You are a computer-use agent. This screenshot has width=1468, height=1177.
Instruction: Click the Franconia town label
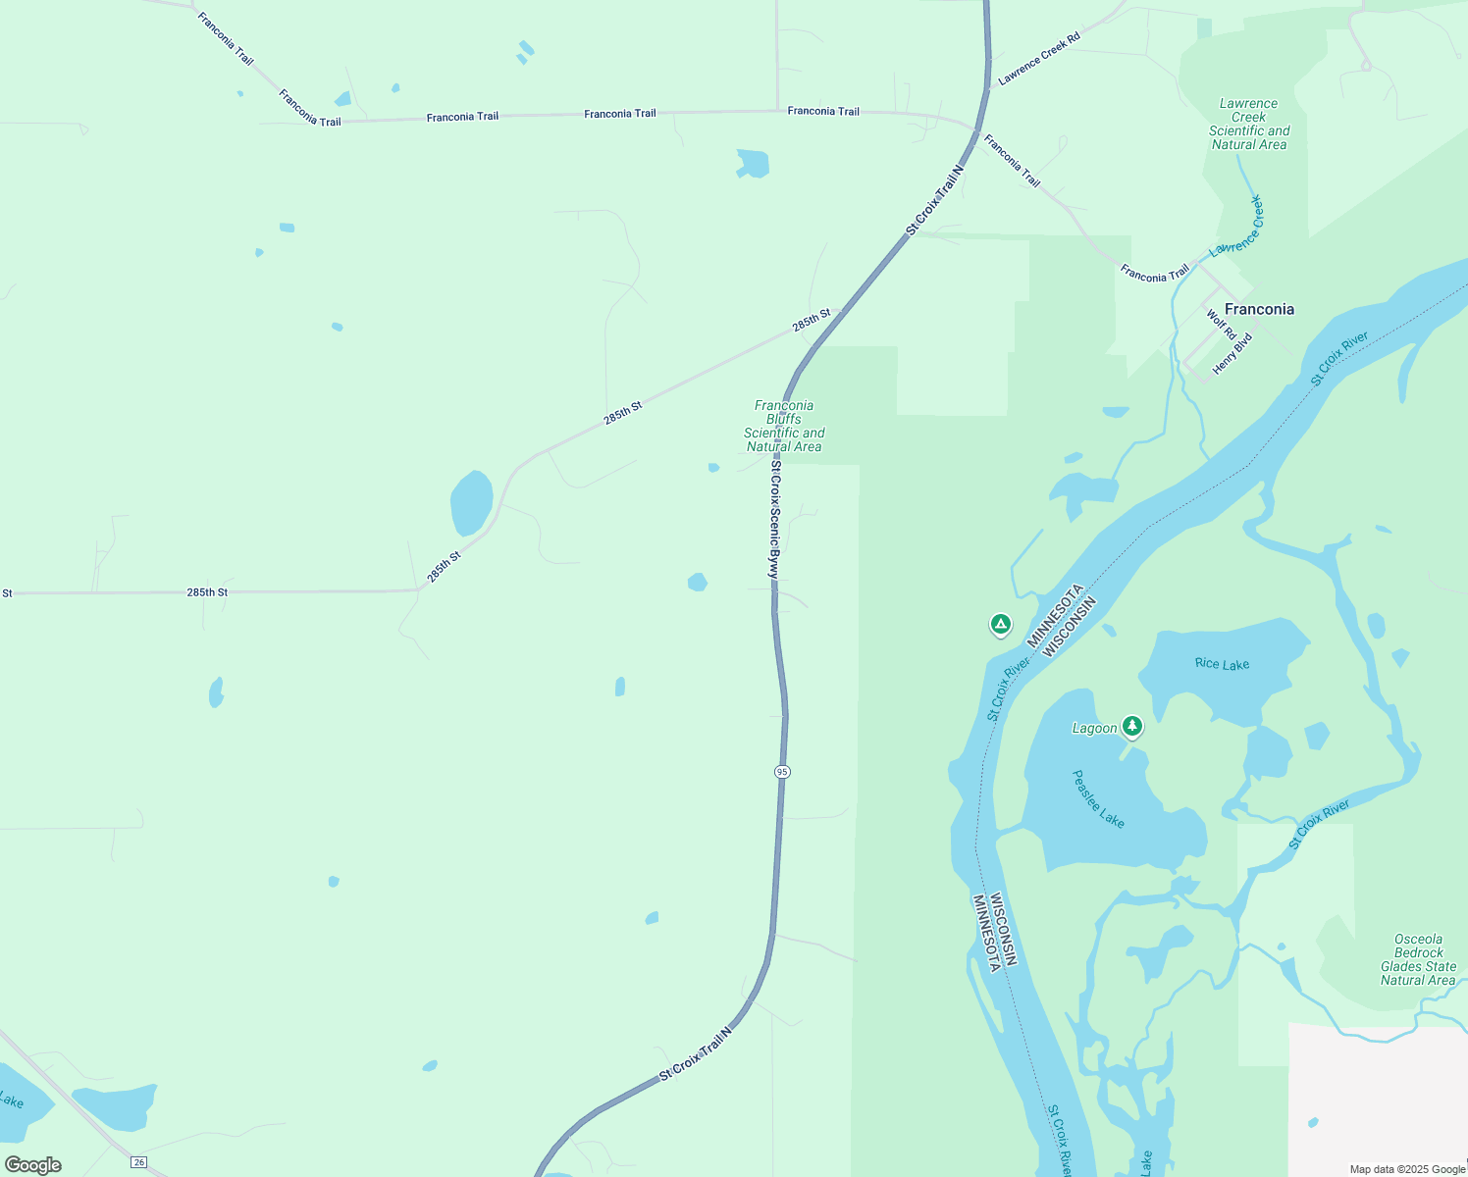click(1259, 309)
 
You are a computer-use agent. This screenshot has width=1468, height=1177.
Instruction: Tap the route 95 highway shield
click(781, 772)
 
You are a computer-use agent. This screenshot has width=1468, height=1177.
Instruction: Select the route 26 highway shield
click(139, 1162)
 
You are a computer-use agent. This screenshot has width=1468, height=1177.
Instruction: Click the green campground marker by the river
click(1000, 624)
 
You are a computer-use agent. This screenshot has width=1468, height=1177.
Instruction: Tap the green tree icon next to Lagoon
click(1132, 726)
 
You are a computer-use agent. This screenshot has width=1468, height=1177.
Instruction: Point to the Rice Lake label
click(1222, 664)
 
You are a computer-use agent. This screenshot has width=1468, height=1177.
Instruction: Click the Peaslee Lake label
click(1098, 798)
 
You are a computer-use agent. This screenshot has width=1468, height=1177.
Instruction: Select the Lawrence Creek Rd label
click(1039, 58)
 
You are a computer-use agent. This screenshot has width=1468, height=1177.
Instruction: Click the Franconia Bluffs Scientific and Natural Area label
click(784, 426)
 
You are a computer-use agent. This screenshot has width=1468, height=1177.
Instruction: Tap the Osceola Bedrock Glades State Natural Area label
click(1418, 959)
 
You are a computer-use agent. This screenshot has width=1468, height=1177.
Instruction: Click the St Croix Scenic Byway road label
click(774, 520)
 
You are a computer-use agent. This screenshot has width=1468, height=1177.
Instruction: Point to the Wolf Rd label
click(1221, 325)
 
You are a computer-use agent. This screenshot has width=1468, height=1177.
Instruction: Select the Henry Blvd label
click(1232, 354)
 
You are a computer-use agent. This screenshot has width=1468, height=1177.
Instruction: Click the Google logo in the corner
click(33, 1165)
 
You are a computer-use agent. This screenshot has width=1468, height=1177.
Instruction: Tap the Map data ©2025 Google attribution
click(1407, 1169)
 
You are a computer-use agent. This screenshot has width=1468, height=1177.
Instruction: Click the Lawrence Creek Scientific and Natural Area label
click(1248, 124)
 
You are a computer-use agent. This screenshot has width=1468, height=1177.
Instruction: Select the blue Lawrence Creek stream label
click(1237, 227)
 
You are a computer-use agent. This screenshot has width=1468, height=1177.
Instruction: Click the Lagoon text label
click(1094, 728)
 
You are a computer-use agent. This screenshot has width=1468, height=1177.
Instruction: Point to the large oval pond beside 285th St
click(471, 503)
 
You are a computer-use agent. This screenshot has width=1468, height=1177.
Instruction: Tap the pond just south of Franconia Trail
click(753, 163)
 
